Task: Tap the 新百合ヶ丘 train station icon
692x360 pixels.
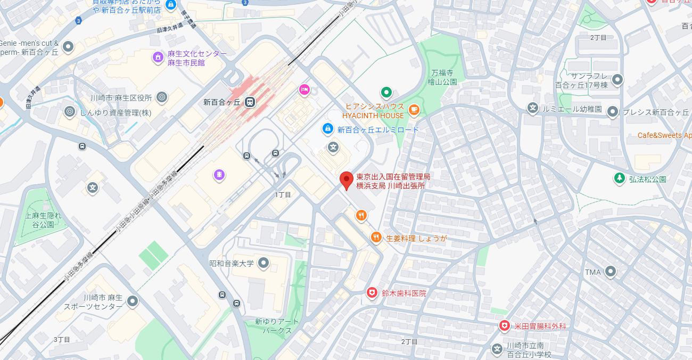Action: [250, 102]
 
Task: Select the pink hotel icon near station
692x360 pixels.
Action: [304, 89]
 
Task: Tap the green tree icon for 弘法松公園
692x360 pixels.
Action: [619, 178]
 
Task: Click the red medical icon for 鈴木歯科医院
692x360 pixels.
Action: [372, 292]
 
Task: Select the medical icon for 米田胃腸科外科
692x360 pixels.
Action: [504, 325]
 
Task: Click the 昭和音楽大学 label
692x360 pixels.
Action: [232, 263]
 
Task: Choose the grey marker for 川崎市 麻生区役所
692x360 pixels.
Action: [162, 97]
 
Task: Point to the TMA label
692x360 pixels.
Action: [592, 272]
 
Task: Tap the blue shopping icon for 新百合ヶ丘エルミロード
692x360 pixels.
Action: [328, 128]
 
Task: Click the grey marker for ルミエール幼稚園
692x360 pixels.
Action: [532, 108]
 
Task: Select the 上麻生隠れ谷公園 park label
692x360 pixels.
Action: [43, 220]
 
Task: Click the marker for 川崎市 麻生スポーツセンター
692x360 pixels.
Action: [133, 301]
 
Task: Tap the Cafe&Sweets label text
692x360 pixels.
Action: [664, 135]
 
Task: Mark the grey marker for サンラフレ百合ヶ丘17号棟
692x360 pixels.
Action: [617, 80]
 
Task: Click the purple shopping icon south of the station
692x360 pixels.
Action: [219, 174]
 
